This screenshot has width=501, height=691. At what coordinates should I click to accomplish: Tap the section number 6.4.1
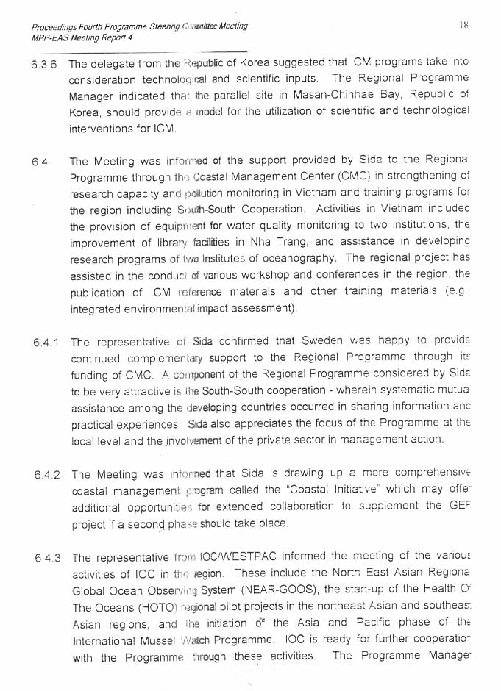click(48, 343)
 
